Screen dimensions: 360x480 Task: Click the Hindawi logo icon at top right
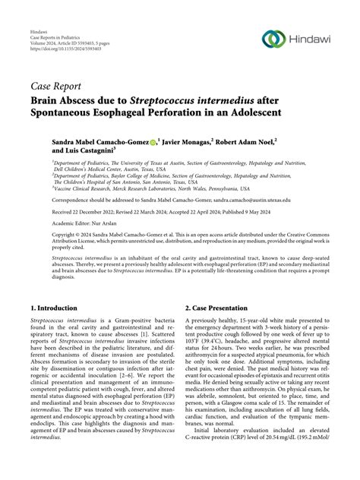(273, 38)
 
